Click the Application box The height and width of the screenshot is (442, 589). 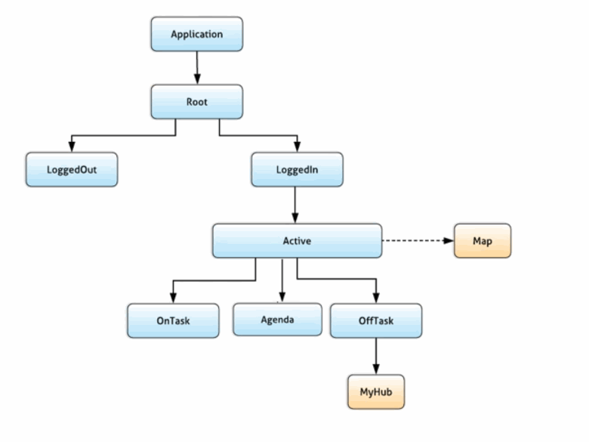coord(197,34)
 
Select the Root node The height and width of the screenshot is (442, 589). coord(197,101)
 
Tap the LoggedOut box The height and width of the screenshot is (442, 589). coord(72,170)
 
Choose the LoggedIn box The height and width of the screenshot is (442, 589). coord(297,170)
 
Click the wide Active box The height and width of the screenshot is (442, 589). coord(297,241)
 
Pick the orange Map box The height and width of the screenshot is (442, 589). coord(483,241)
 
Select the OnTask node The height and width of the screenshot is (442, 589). coord(173,320)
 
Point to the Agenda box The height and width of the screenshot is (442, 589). coord(278,320)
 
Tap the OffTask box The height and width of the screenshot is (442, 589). coord(376,320)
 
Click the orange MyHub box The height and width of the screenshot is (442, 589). coord(376,391)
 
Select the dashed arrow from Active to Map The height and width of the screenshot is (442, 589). coord(415,241)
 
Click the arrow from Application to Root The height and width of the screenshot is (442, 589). coord(198,67)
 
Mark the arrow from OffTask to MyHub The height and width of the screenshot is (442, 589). coord(376,355)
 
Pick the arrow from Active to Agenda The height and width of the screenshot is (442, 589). coord(282,280)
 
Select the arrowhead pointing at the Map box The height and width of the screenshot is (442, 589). coord(449,241)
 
